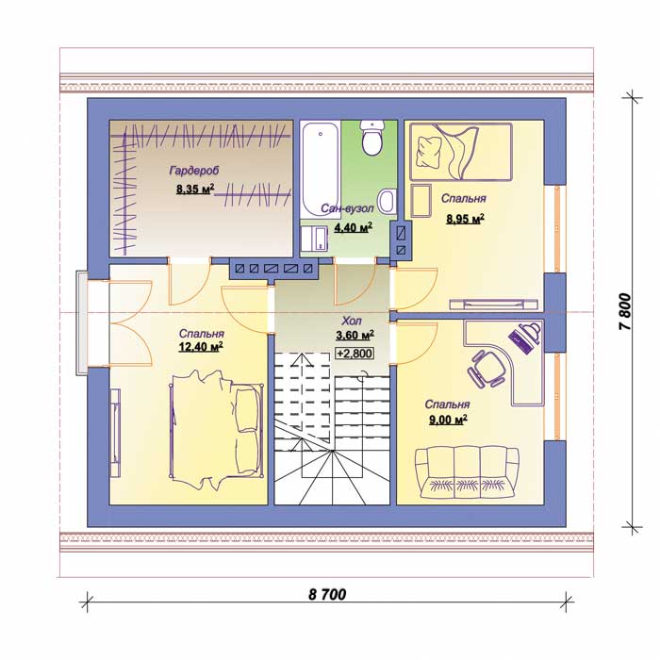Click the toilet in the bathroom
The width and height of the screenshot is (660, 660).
pyautogui.click(x=372, y=137)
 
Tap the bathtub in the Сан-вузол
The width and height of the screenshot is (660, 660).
pyautogui.click(x=321, y=169)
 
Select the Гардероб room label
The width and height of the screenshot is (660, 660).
pyautogui.click(x=194, y=171)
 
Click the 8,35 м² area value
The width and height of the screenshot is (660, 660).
pyautogui.click(x=195, y=189)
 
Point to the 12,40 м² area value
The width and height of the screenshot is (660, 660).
pyautogui.click(x=201, y=347)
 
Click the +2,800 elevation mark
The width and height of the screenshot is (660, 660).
pyautogui.click(x=355, y=354)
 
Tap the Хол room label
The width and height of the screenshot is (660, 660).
pyautogui.click(x=351, y=322)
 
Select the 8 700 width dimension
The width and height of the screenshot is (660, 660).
pyautogui.click(x=327, y=594)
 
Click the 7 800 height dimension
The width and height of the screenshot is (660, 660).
pyautogui.click(x=625, y=311)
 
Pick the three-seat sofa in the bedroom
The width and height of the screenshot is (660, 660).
pyautogui.click(x=467, y=472)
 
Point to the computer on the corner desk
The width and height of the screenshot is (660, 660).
pyautogui.click(x=525, y=336)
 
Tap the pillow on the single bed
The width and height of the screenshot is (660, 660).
pyautogui.click(x=428, y=153)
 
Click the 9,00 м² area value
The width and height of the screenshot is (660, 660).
pyautogui.click(x=448, y=420)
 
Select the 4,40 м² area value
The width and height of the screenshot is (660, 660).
pyautogui.click(x=354, y=228)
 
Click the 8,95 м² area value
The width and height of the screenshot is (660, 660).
pyautogui.click(x=465, y=219)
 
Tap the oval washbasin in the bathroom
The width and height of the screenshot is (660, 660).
pyautogui.click(x=387, y=201)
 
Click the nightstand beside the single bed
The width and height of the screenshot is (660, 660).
pyautogui.click(x=421, y=201)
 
